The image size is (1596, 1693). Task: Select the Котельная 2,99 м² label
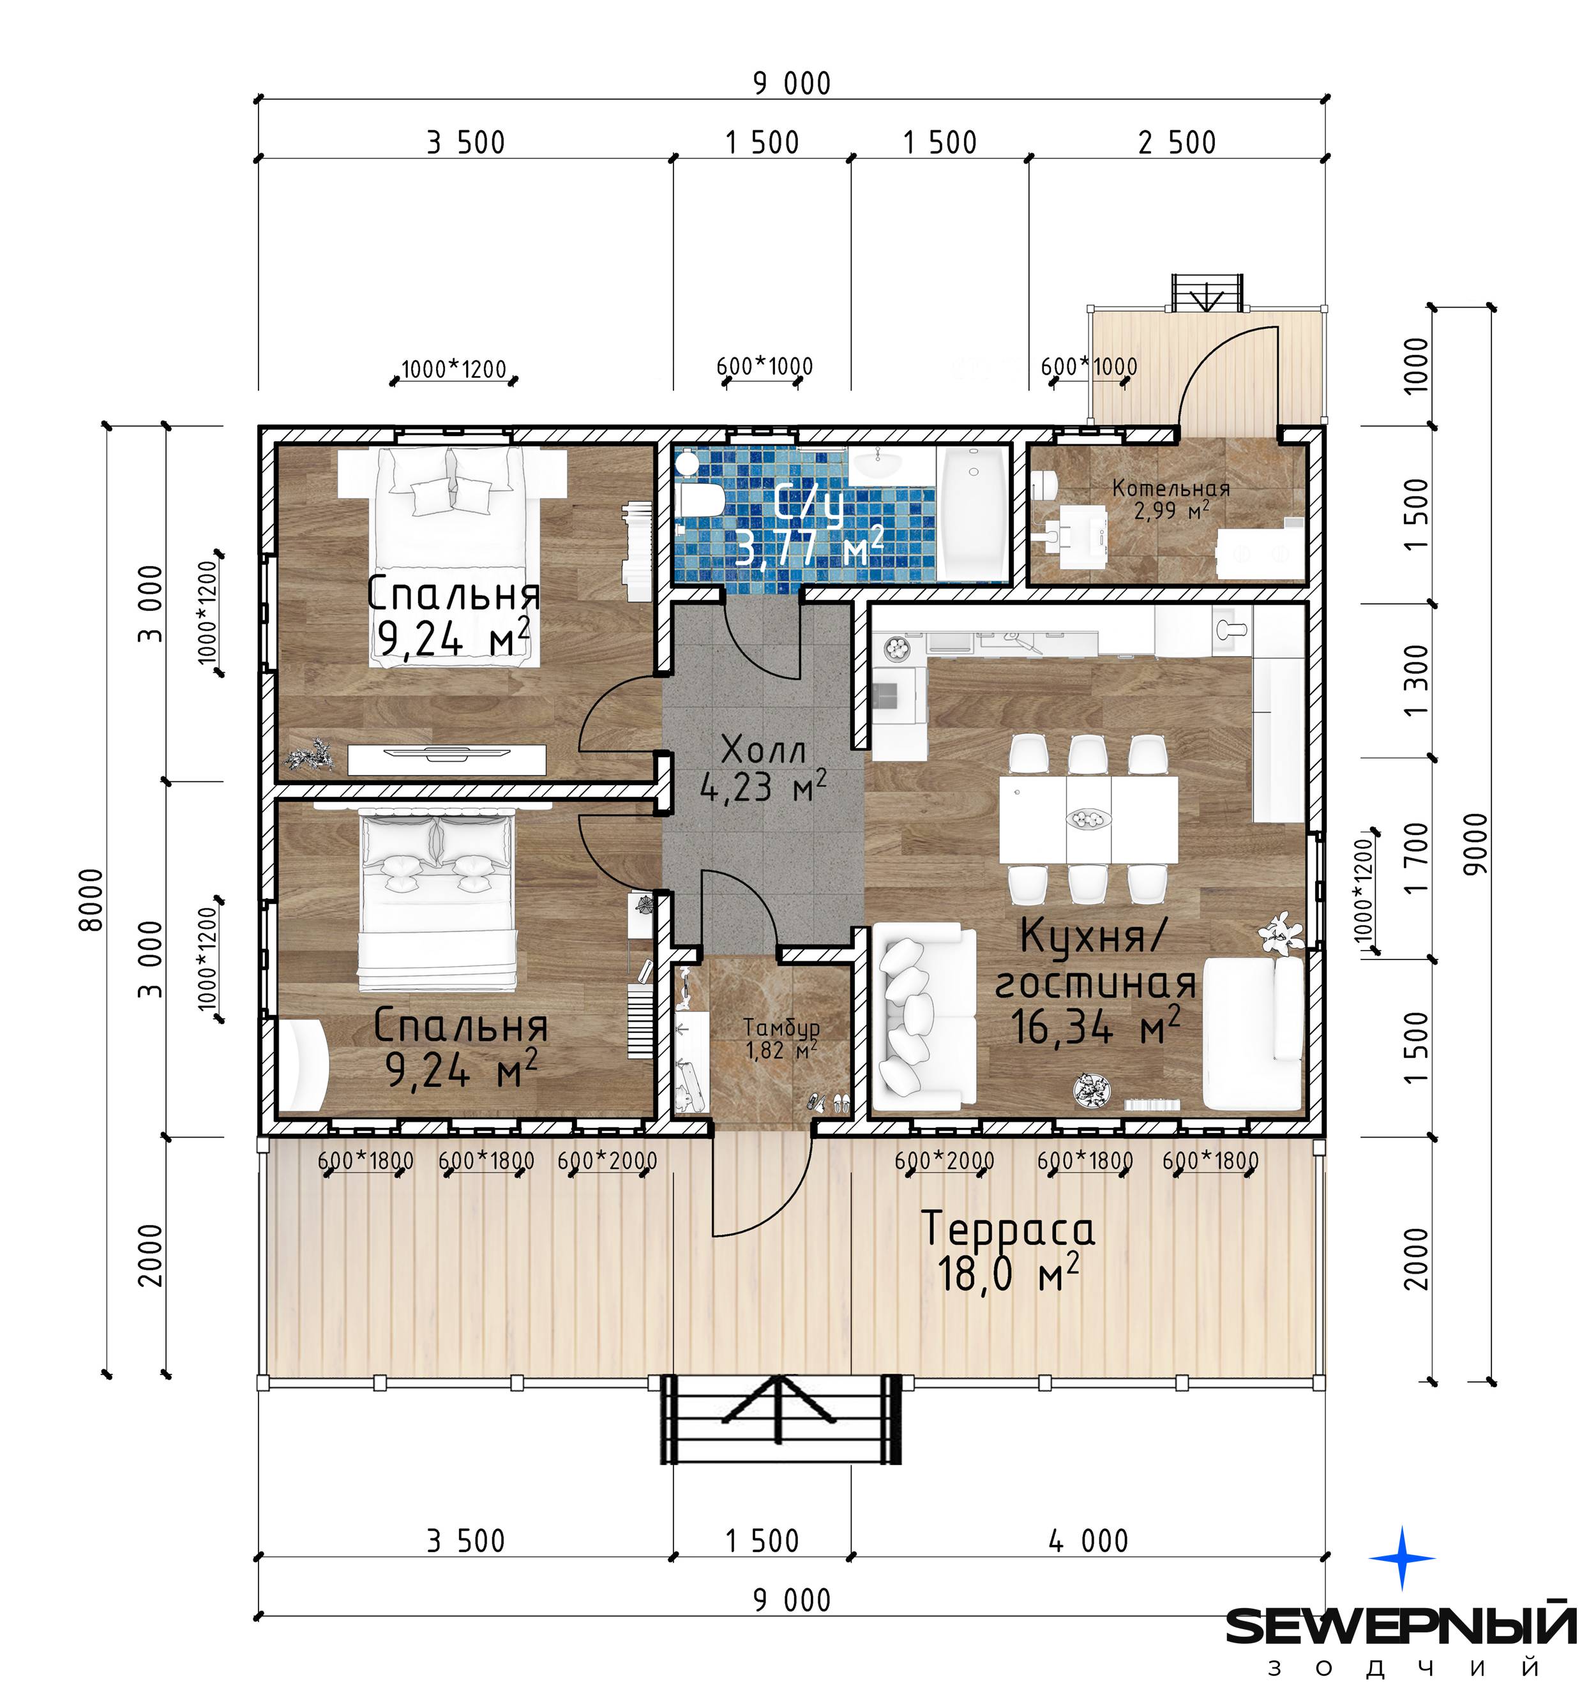(x=1171, y=499)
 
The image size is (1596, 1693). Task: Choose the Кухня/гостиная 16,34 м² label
(x=1095, y=981)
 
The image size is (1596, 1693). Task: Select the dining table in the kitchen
(x=1088, y=818)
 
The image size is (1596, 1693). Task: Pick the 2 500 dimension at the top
(x=1177, y=142)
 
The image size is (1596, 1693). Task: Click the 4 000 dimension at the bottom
(x=1088, y=1540)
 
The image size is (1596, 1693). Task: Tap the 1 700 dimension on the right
(x=1417, y=857)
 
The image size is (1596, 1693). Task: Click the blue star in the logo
(x=1402, y=1558)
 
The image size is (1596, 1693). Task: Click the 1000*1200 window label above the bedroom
(x=454, y=370)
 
